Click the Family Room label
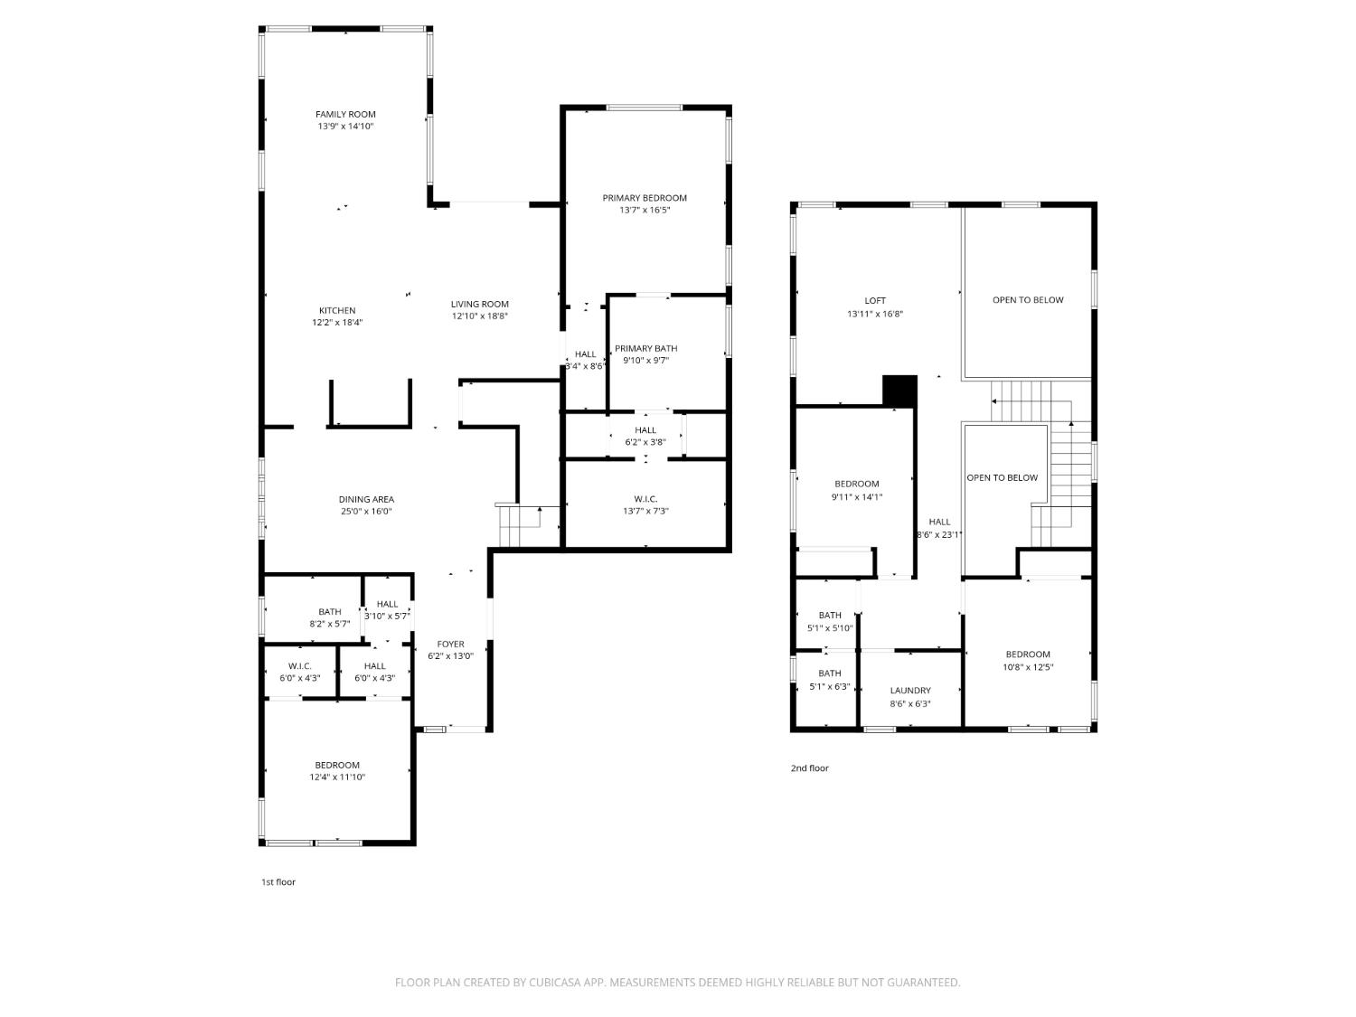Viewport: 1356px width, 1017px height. [344, 114]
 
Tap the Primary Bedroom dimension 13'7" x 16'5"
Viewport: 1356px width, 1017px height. [645, 210]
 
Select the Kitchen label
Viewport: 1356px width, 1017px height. [336, 310]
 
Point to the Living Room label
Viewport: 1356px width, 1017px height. [480, 304]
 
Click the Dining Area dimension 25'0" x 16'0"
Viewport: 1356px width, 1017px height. [366, 512]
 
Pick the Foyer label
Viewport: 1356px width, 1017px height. [450, 645]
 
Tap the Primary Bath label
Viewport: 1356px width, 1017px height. [645, 348]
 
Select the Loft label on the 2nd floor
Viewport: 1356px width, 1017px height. [875, 300]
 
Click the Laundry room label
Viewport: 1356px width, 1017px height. [909, 691]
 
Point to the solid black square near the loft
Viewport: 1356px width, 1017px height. [899, 391]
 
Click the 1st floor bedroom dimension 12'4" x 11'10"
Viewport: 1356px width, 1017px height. [337, 777]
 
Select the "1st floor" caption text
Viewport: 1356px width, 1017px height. [278, 882]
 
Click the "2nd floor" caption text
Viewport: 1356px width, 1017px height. [809, 768]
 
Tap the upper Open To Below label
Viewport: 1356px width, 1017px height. [1028, 300]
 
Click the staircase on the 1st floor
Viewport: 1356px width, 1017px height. [520, 526]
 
